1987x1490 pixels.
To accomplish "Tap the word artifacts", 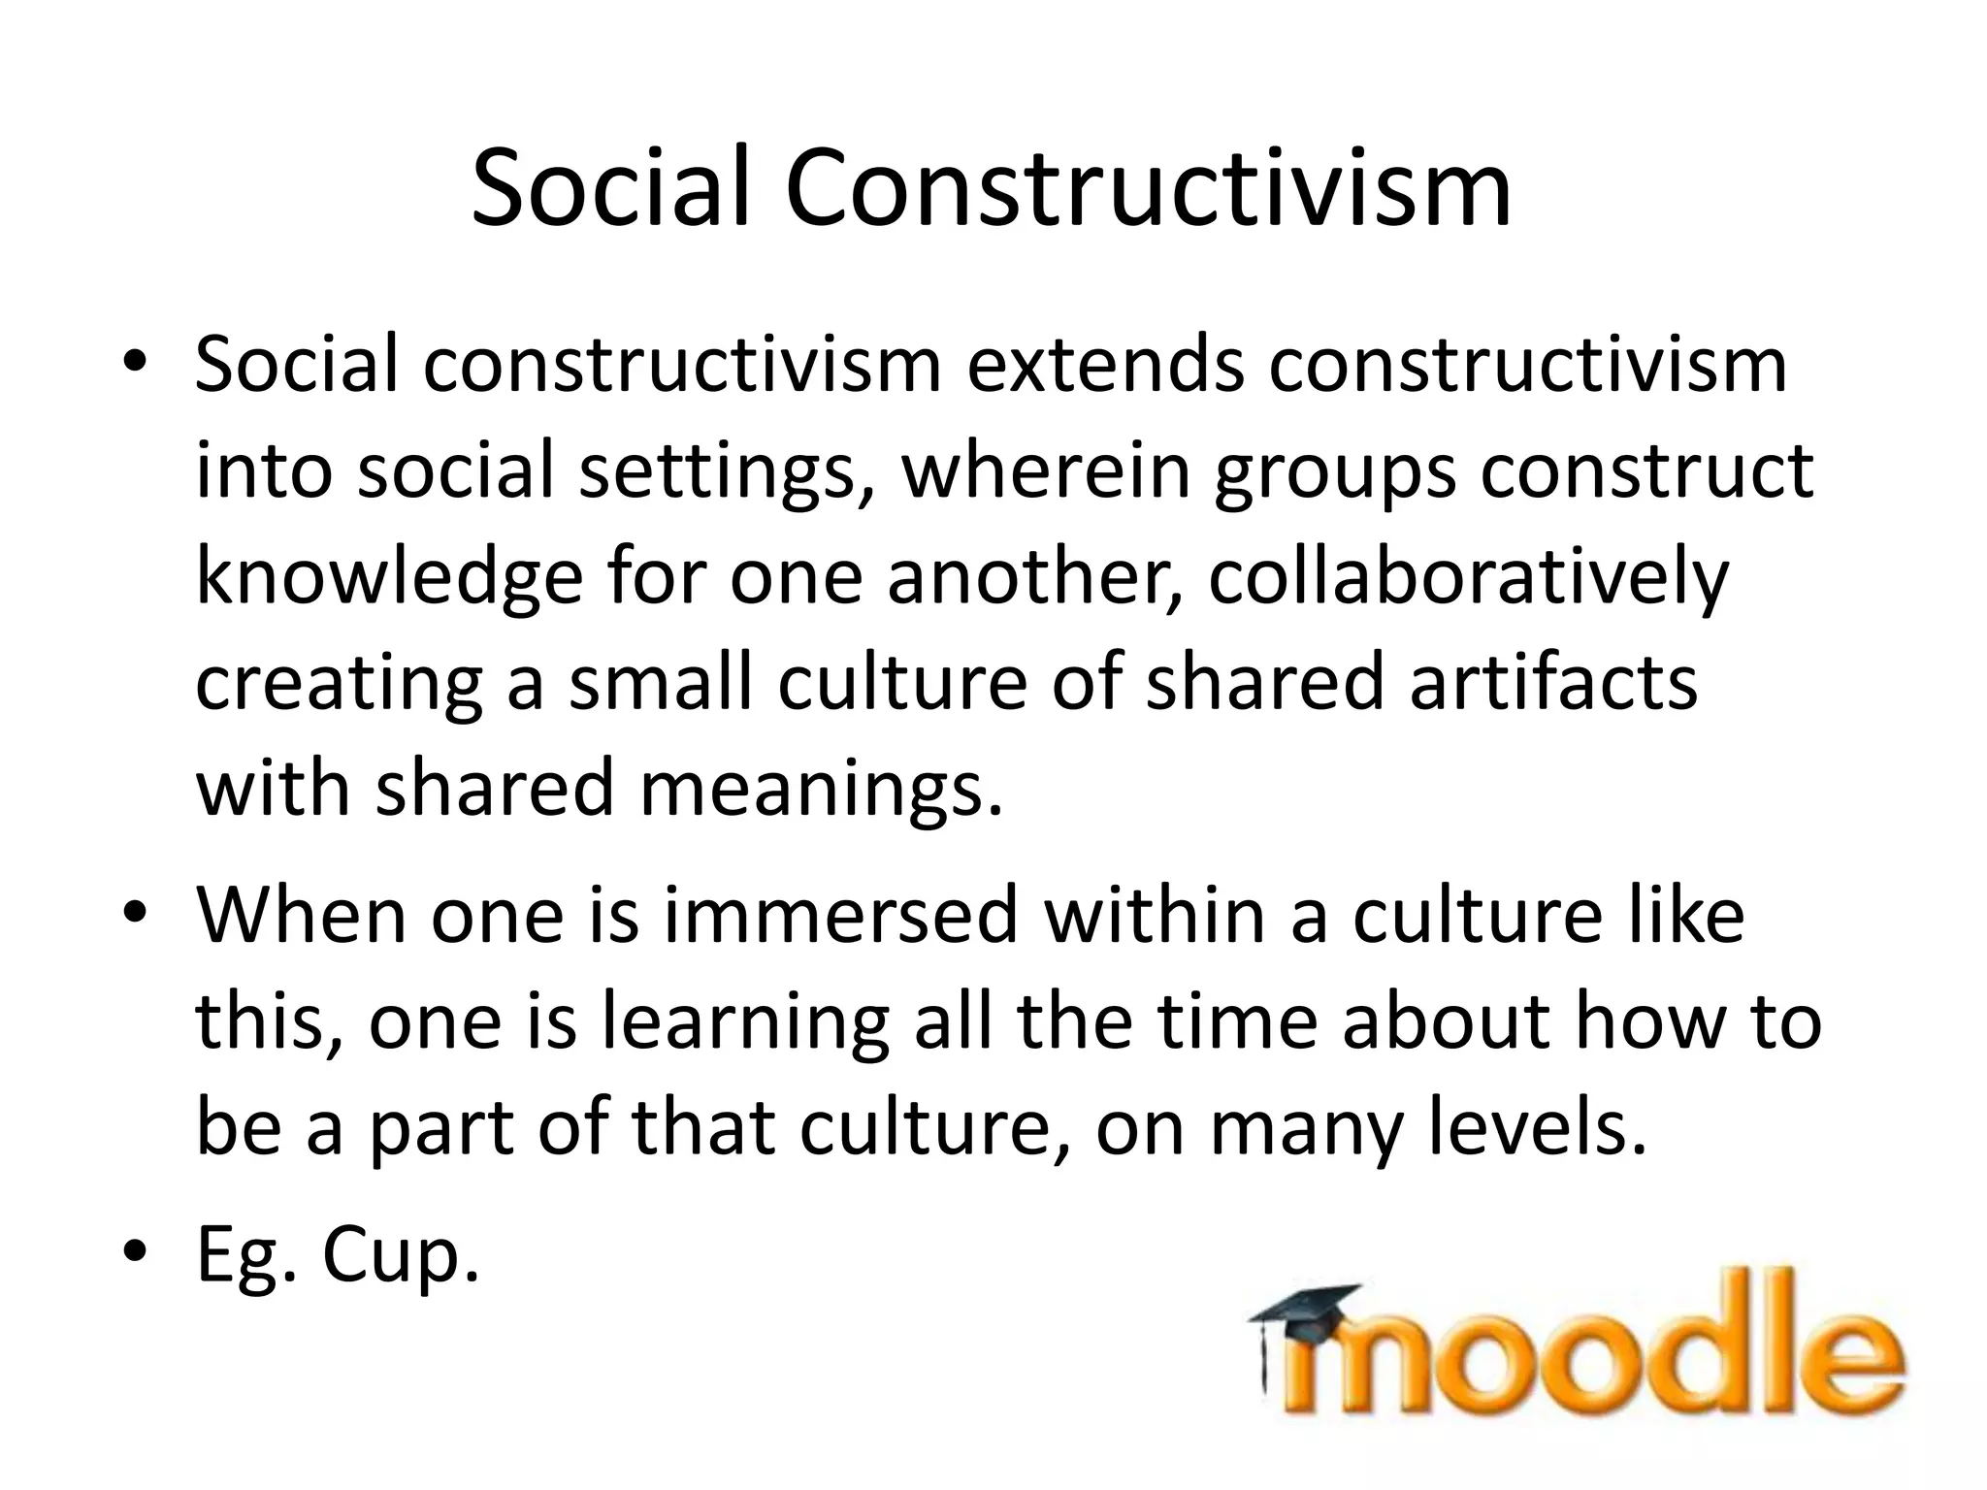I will (x=1553, y=682).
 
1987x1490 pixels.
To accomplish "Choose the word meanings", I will (x=821, y=788).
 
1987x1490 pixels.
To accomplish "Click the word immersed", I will (x=840, y=916).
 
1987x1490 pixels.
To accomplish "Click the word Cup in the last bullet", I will (x=401, y=1257).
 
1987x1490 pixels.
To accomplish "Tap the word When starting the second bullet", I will (x=302, y=916).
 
